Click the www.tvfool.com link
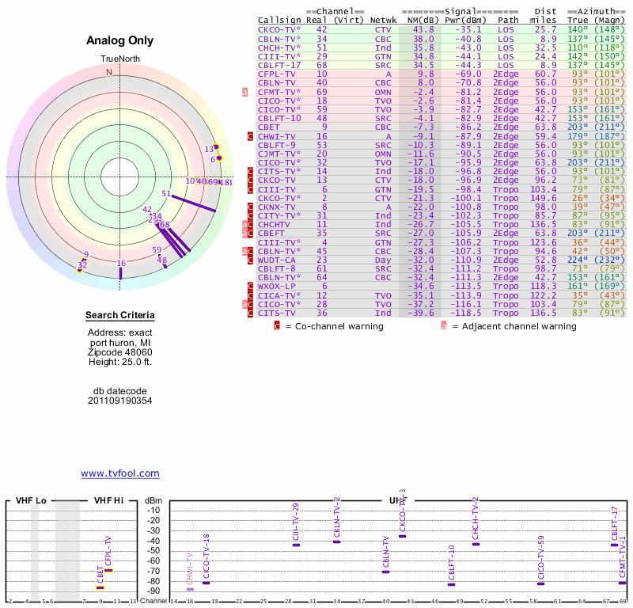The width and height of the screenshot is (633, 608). coord(120,473)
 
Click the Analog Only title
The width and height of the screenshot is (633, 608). coord(119,40)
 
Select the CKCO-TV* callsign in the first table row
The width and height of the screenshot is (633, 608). coord(279,29)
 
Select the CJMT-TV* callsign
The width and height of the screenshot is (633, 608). coord(279,154)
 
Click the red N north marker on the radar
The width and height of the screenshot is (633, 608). coord(109,72)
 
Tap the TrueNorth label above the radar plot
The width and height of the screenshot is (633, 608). coord(119,59)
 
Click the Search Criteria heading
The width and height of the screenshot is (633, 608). coord(119,317)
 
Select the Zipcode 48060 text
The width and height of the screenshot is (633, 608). coord(119,352)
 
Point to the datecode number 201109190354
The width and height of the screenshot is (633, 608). coord(119,401)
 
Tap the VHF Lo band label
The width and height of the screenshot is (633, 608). coord(30,500)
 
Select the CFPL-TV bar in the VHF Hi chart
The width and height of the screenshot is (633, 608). coord(109,570)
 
